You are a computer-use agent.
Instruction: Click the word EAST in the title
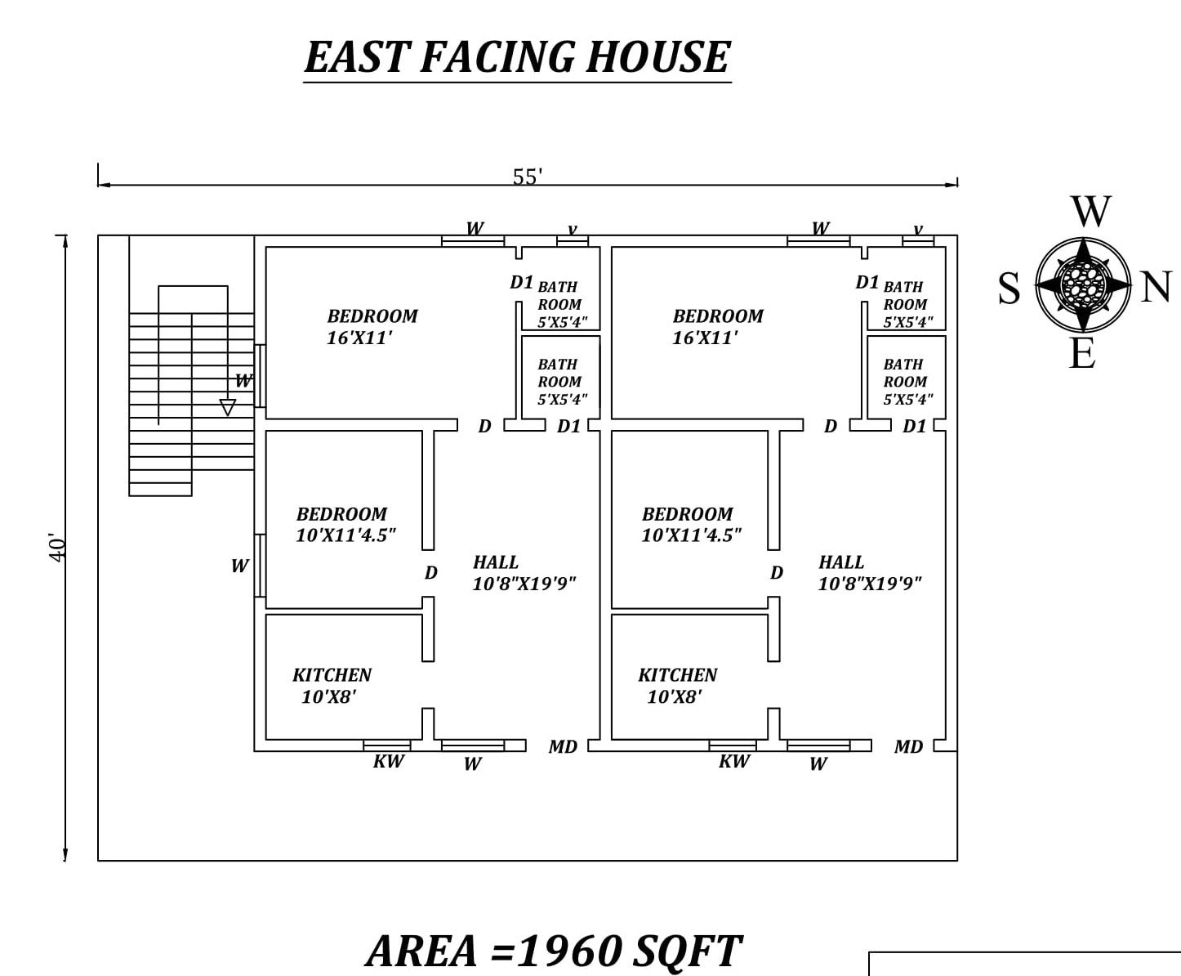click(x=358, y=57)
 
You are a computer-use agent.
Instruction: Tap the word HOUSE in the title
click(x=657, y=57)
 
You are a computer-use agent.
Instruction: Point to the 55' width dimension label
click(x=527, y=177)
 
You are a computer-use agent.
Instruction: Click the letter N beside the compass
click(x=1155, y=287)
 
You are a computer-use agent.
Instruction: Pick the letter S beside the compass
click(x=1009, y=288)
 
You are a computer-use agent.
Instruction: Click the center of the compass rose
click(x=1083, y=284)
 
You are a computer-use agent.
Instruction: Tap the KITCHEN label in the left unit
click(x=332, y=675)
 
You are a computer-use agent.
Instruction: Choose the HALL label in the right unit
click(x=841, y=562)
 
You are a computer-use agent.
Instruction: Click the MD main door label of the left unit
click(x=563, y=747)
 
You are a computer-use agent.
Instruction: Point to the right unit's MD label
click(x=909, y=747)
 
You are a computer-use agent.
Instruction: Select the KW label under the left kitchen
click(x=389, y=762)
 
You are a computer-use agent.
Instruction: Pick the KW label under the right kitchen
click(x=734, y=762)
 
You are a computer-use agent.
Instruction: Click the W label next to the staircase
click(x=243, y=380)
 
